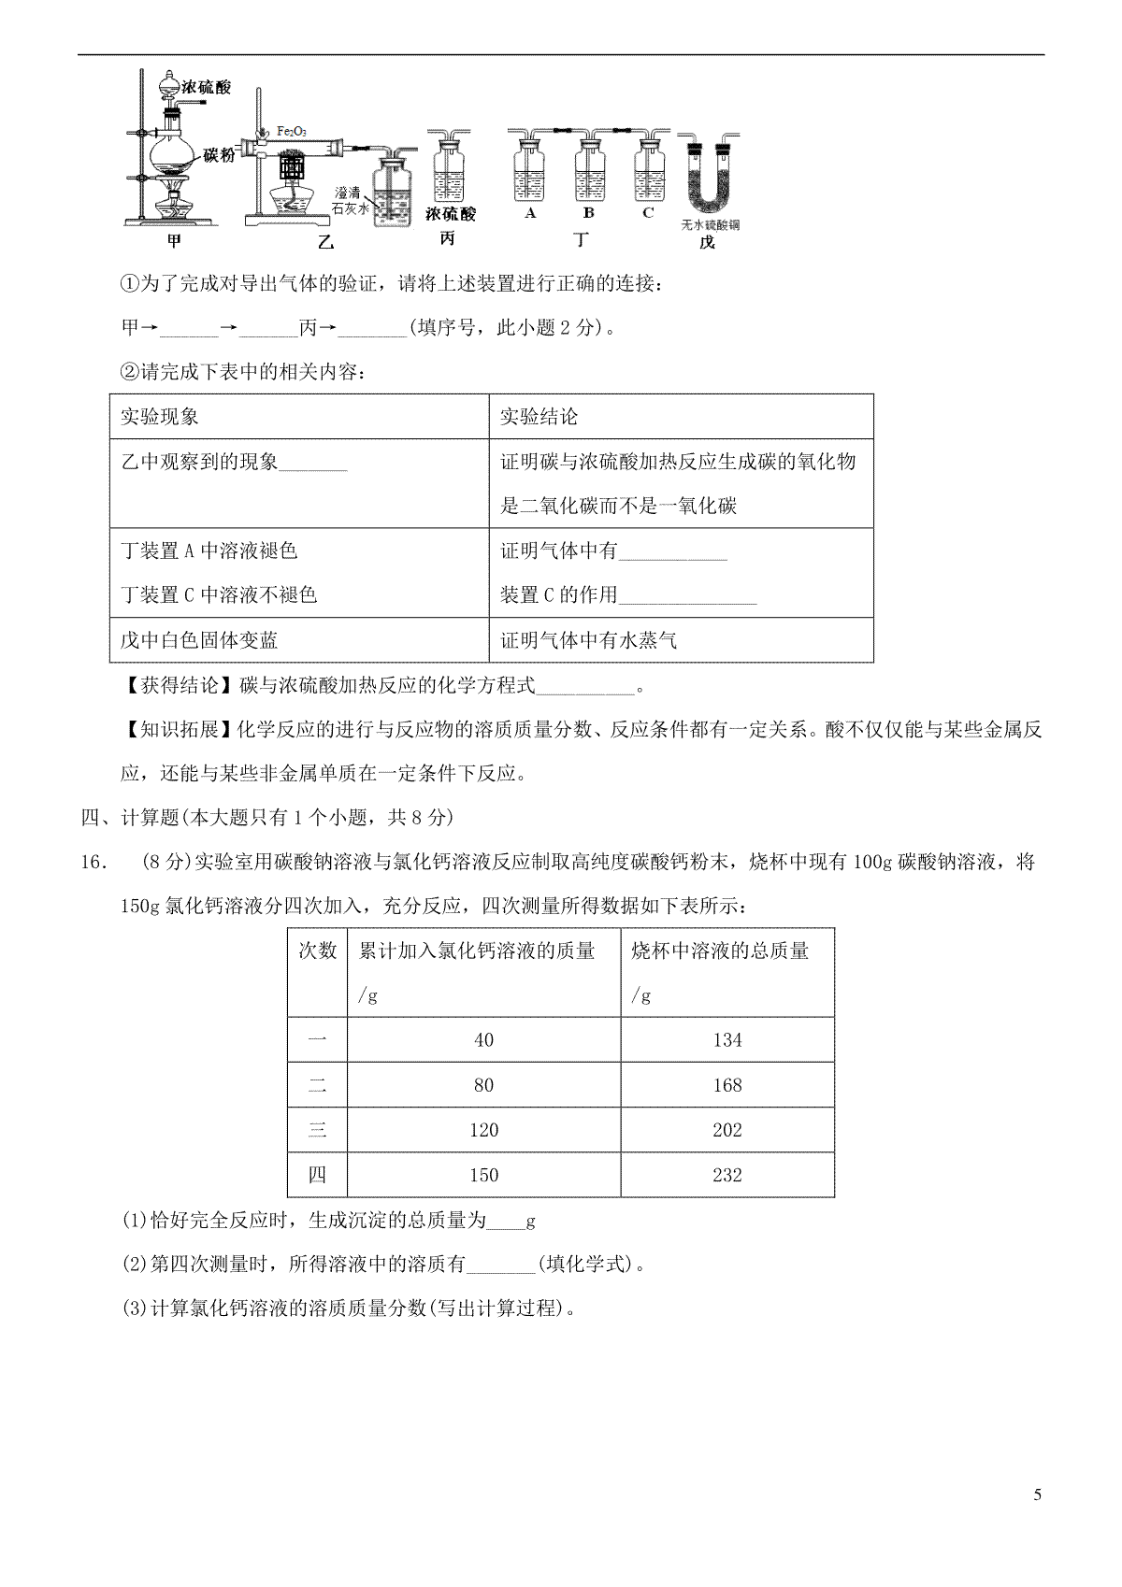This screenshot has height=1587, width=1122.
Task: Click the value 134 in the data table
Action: (726, 1040)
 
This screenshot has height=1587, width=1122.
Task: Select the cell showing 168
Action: (726, 1085)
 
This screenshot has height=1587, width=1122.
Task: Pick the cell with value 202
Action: (726, 1130)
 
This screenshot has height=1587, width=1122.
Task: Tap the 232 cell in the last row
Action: (726, 1175)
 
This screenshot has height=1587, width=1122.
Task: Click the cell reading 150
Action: (483, 1175)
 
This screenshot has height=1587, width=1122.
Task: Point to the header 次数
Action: (317, 951)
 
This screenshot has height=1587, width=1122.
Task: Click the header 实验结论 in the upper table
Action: (539, 417)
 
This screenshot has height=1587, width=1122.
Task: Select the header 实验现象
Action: (160, 417)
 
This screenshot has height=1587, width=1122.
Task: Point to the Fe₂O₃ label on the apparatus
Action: (291, 132)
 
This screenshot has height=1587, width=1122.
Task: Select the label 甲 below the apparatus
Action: (174, 241)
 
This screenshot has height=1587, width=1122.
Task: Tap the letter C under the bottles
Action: (648, 212)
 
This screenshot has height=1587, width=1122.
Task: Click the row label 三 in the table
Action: (317, 1130)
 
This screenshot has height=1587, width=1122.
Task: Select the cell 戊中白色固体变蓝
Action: (199, 640)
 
